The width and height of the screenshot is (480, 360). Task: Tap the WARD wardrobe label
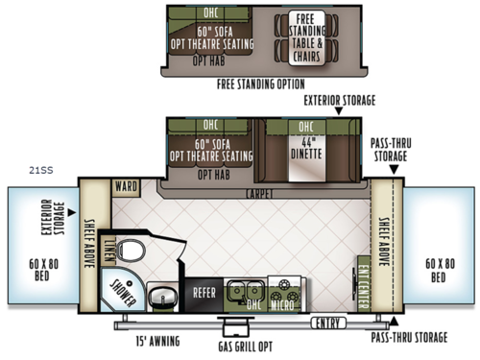[125, 186]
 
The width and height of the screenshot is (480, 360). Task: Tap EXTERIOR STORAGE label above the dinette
[339, 99]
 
